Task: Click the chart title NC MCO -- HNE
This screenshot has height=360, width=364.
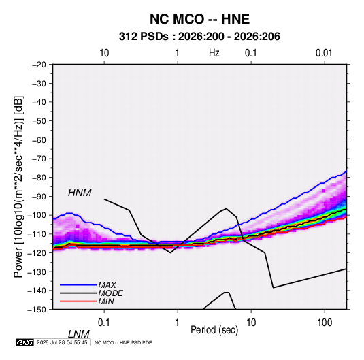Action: point(199,19)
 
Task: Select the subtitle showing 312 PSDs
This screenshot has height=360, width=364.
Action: point(199,37)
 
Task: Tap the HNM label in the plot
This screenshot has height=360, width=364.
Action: point(80,193)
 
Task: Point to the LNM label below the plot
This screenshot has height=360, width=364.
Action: point(78,334)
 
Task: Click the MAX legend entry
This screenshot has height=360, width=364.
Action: point(107,284)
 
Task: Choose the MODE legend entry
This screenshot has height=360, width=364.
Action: point(110,293)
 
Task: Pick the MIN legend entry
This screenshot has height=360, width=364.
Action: point(106,301)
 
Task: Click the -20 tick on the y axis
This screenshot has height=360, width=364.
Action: point(39,65)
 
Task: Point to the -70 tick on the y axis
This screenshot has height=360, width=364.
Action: point(39,159)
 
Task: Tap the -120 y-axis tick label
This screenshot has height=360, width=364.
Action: point(37,252)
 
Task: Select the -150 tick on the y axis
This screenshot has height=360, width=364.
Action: point(37,310)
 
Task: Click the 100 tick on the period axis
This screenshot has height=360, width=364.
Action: point(325,323)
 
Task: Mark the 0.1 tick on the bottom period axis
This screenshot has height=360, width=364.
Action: point(103,323)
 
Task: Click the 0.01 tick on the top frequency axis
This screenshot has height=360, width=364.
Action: point(324,53)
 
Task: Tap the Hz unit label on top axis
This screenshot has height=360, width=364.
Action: point(214,53)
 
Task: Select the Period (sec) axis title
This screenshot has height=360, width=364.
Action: point(214,330)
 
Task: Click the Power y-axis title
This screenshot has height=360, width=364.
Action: point(19,187)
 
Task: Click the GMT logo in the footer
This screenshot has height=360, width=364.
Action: point(24,342)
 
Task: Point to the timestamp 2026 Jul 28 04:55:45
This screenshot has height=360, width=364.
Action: point(62,342)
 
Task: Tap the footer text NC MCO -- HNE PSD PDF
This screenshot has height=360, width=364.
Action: point(123,342)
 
